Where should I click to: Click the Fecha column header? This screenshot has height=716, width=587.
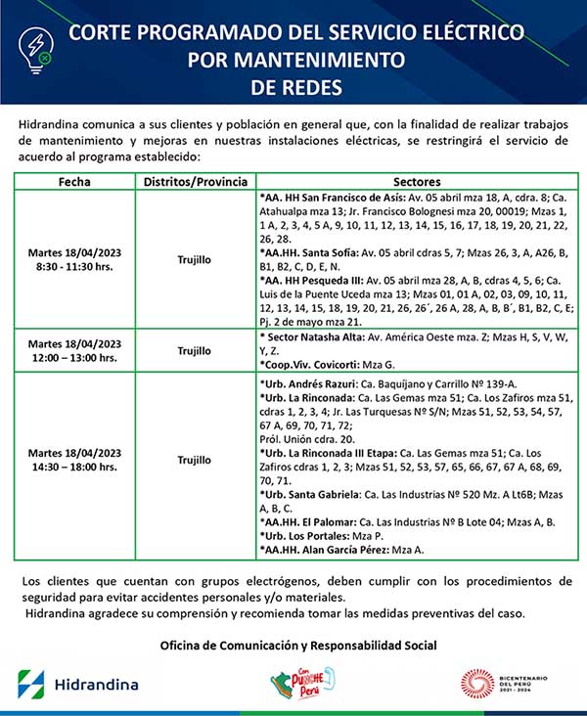(x=74, y=182)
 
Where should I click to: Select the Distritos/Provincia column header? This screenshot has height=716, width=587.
(x=194, y=182)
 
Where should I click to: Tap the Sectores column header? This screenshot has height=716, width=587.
(x=416, y=182)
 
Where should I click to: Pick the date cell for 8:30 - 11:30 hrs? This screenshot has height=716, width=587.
(x=74, y=259)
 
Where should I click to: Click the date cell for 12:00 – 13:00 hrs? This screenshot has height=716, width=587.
(x=74, y=350)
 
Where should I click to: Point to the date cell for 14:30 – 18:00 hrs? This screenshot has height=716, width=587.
(x=74, y=460)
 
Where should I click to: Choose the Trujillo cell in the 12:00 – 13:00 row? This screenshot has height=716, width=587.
(x=194, y=350)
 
